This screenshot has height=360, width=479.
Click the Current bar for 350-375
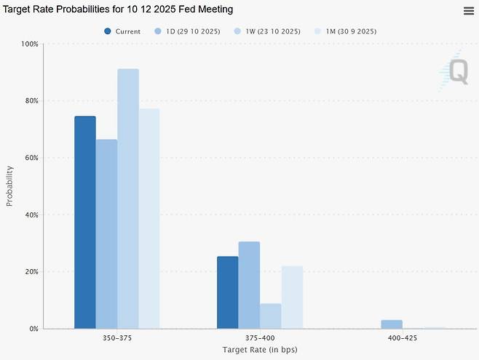click(85, 222)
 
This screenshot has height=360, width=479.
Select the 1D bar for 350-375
click(106, 233)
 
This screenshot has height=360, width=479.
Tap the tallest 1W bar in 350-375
click(128, 199)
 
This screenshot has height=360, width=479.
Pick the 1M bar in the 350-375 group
click(149, 218)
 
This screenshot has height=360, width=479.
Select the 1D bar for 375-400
click(249, 284)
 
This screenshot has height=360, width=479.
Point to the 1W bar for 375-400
click(270, 316)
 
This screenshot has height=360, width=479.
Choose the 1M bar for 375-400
click(292, 297)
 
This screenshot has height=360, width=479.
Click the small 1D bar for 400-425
click(391, 324)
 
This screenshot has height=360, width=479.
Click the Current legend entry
click(122, 31)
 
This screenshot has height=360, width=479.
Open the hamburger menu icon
click(469, 10)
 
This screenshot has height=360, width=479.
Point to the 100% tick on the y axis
click(28, 44)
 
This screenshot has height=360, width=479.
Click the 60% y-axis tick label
click(30, 158)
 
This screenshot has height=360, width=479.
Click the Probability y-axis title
click(9, 186)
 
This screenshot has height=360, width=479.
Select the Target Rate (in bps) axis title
click(259, 350)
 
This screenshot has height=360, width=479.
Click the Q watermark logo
click(456, 71)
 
